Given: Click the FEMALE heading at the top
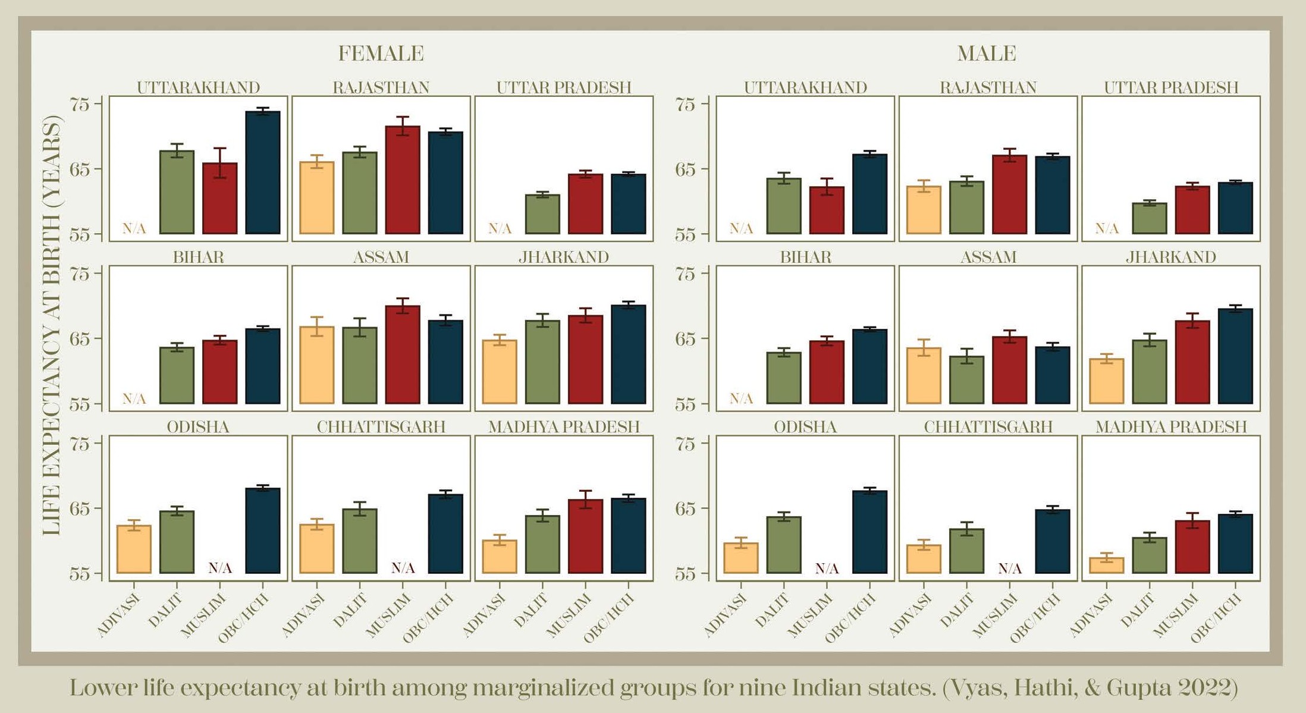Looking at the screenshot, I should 381,54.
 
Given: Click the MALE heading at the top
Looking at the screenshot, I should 986,54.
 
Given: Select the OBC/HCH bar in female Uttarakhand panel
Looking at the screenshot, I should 263,172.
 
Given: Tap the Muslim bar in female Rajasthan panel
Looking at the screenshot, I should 403,180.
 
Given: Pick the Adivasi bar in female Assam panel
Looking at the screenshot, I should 317,365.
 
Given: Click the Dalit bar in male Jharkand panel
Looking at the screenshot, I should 1150,372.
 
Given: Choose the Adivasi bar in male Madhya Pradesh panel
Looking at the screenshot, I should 1107,566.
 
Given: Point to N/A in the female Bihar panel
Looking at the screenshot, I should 134,398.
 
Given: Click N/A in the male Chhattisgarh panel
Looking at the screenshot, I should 1010,569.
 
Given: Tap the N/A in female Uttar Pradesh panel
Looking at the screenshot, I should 500,228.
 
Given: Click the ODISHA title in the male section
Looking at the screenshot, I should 805,427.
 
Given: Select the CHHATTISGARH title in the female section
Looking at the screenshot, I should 381,427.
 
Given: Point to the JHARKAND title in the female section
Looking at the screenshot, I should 563,257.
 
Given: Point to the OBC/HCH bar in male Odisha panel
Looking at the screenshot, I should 869,532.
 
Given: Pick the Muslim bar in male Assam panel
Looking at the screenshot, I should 1010,370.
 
